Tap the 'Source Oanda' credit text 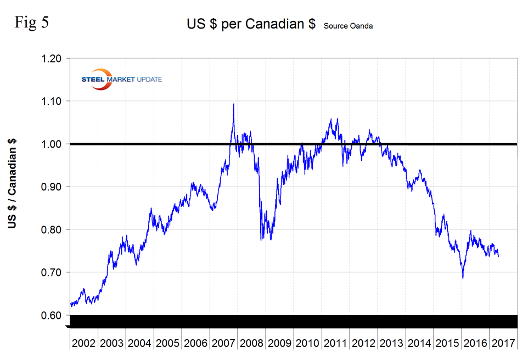[x=348, y=26]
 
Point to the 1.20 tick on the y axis [x=52, y=58]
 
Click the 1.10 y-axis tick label [x=52, y=101]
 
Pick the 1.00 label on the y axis [x=52, y=144]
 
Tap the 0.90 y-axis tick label [x=52, y=187]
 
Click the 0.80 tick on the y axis [x=52, y=229]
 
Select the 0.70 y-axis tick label [x=52, y=272]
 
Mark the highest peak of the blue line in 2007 [x=234, y=104]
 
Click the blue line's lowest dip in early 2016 [x=463, y=278]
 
